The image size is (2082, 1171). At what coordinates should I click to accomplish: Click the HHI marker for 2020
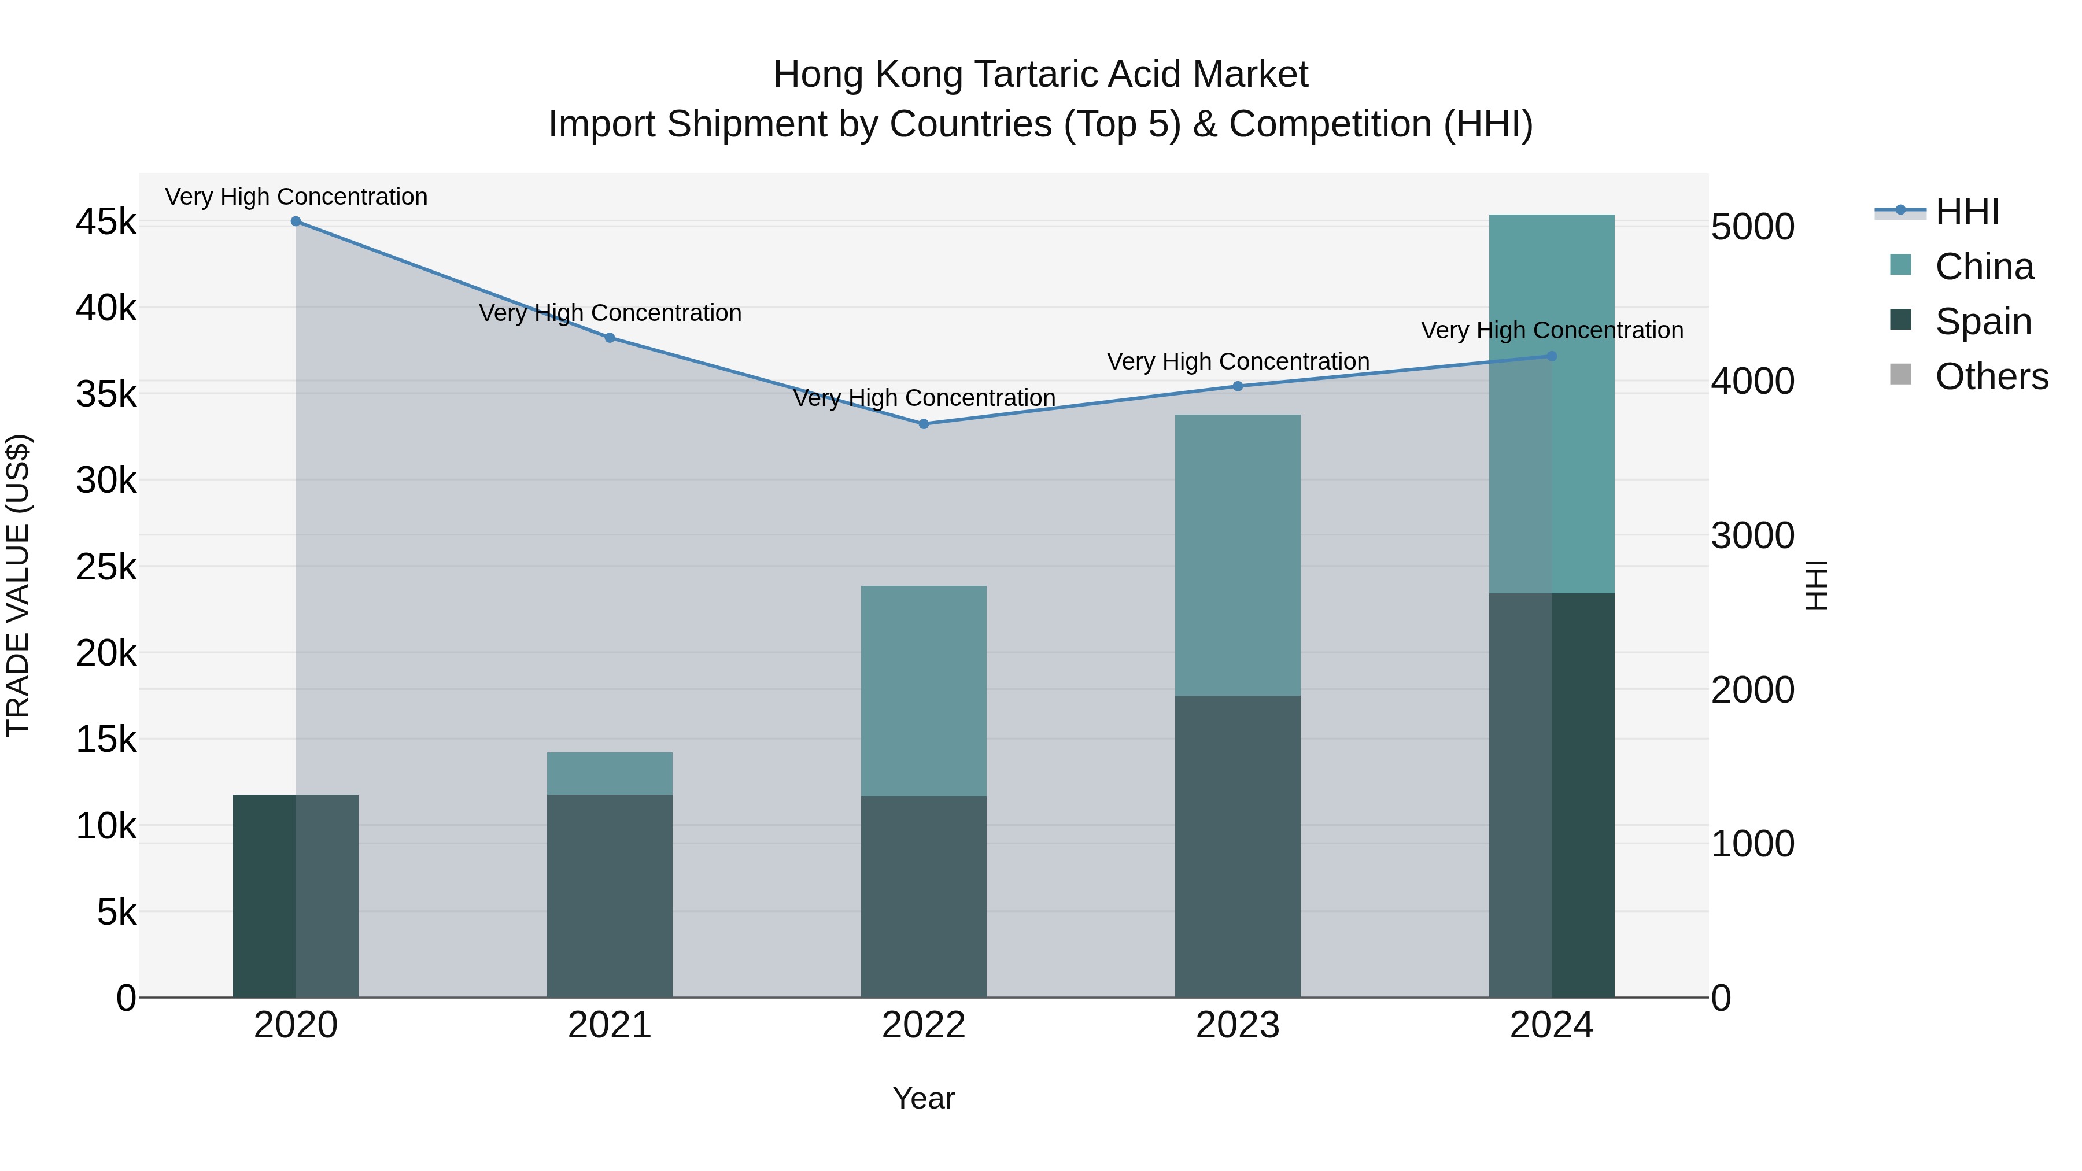pyautogui.click(x=296, y=221)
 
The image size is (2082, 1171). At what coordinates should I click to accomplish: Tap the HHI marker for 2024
pyautogui.click(x=1552, y=356)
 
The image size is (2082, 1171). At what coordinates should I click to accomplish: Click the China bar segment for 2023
pyautogui.click(x=1238, y=555)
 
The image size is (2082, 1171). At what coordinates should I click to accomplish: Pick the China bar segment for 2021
pyautogui.click(x=610, y=773)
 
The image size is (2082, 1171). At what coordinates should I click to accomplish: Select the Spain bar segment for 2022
pyautogui.click(x=924, y=896)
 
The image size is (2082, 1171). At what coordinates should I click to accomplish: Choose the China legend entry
pyautogui.click(x=1984, y=267)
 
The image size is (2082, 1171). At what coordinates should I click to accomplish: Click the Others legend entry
pyautogui.click(x=1991, y=376)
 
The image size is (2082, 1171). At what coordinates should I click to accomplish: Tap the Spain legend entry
pyautogui.click(x=1983, y=322)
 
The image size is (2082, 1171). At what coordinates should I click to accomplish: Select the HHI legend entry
pyautogui.click(x=1966, y=212)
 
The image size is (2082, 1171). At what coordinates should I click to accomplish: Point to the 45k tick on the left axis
pyautogui.click(x=106, y=222)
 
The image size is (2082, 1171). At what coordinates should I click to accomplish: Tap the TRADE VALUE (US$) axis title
pyautogui.click(x=19, y=585)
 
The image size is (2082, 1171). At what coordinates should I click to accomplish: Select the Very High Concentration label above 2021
pyautogui.click(x=610, y=313)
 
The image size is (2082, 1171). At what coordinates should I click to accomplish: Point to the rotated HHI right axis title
pyautogui.click(x=1815, y=585)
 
